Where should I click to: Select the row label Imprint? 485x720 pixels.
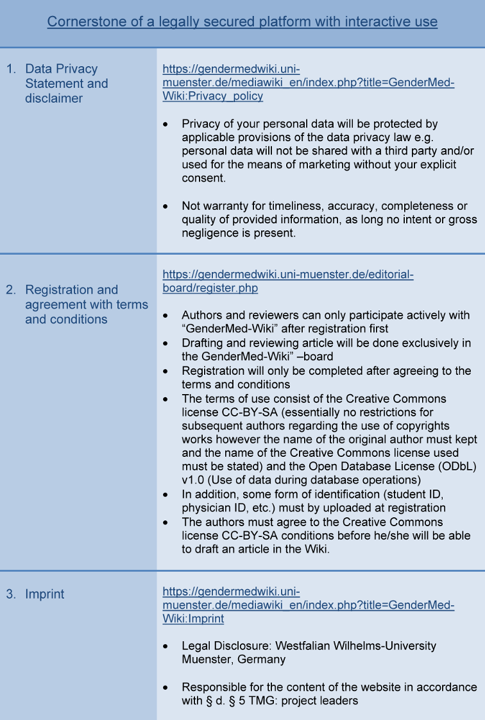tap(45, 594)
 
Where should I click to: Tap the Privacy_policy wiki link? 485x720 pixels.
tap(309, 83)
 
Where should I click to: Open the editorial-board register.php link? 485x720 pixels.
tap(288, 282)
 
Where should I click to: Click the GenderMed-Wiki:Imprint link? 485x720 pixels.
tap(309, 605)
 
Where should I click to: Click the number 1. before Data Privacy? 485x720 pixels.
tap(12, 69)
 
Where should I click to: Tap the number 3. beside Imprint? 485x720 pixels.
tap(12, 594)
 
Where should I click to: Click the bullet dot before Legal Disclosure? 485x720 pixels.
tap(167, 647)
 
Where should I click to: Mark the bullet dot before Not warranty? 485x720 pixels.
tap(167, 207)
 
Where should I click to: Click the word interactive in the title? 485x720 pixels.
tap(368, 22)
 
